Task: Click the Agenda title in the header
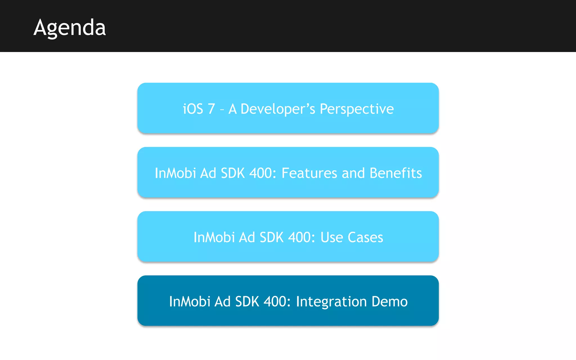[x=69, y=28]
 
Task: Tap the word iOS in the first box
[x=193, y=109]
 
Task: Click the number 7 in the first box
[x=211, y=109]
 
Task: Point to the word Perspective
[x=357, y=109]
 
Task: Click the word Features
[x=309, y=173]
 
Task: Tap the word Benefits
[x=396, y=173]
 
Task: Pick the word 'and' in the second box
[x=353, y=173]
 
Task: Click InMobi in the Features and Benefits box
[x=175, y=173]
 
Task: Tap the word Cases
[x=365, y=237]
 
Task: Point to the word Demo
[x=390, y=301]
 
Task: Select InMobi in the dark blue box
[x=190, y=301]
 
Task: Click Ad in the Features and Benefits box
[x=208, y=173]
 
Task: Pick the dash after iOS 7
[x=222, y=110]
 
